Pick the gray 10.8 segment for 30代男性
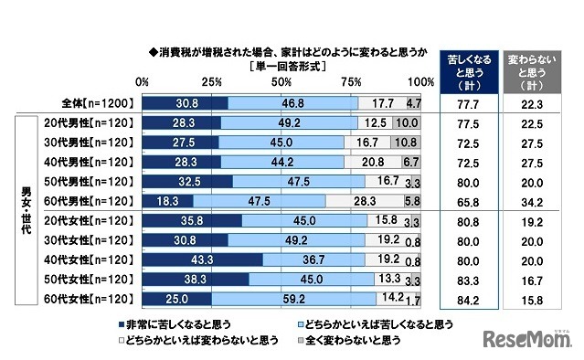(407, 143)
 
